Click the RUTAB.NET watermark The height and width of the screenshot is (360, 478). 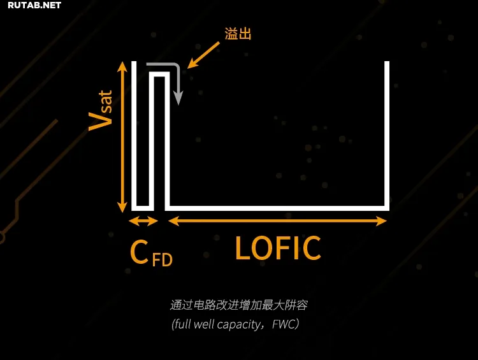pos(34,6)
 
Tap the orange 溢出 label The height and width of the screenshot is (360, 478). pos(238,34)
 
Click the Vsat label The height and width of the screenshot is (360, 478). pos(101,111)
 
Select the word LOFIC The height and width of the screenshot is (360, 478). pos(278,248)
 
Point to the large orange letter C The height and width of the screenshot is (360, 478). pos(139,252)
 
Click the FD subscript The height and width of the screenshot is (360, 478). pos(162,260)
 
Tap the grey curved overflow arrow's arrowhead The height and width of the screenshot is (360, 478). pos(178,98)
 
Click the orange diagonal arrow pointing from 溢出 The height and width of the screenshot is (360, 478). pos(203,55)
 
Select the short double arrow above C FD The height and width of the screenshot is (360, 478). pos(143,221)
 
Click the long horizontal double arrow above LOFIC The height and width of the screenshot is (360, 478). pos(277,221)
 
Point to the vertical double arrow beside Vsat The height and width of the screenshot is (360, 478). pos(122,137)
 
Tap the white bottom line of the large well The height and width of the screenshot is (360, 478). pos(277,208)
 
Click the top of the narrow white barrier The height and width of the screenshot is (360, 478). pos(159,75)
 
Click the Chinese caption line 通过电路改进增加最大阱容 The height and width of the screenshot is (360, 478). pos(239,305)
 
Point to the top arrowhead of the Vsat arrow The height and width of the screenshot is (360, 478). pos(122,66)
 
